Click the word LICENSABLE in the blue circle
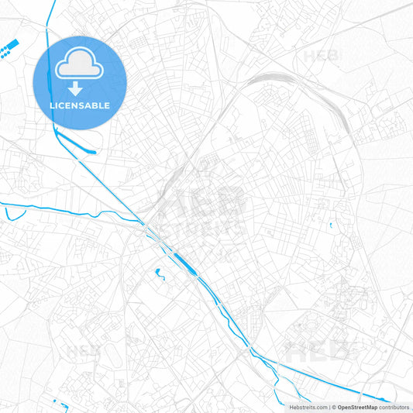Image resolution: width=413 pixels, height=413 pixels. pyautogui.click(x=80, y=105)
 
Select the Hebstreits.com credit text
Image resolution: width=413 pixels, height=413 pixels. pyautogui.click(x=308, y=407)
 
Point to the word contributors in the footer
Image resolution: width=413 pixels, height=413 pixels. pyautogui.click(x=394, y=407)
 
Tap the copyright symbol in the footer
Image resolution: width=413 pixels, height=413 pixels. pyautogui.click(x=333, y=407)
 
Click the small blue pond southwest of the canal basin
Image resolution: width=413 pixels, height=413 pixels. pyautogui.click(x=160, y=273)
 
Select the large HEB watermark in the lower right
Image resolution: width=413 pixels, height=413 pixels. pyautogui.click(x=325, y=350)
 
